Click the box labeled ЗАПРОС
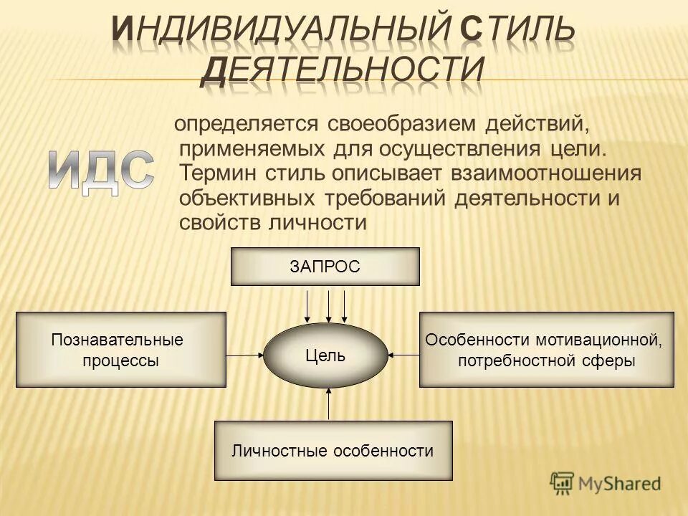(325, 267)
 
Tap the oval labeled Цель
(325, 355)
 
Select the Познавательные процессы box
(120, 350)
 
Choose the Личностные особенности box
(333, 451)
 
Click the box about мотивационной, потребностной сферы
(546, 350)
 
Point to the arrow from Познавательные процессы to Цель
(245, 354)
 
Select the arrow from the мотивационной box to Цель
(403, 354)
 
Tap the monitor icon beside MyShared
(563, 483)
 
